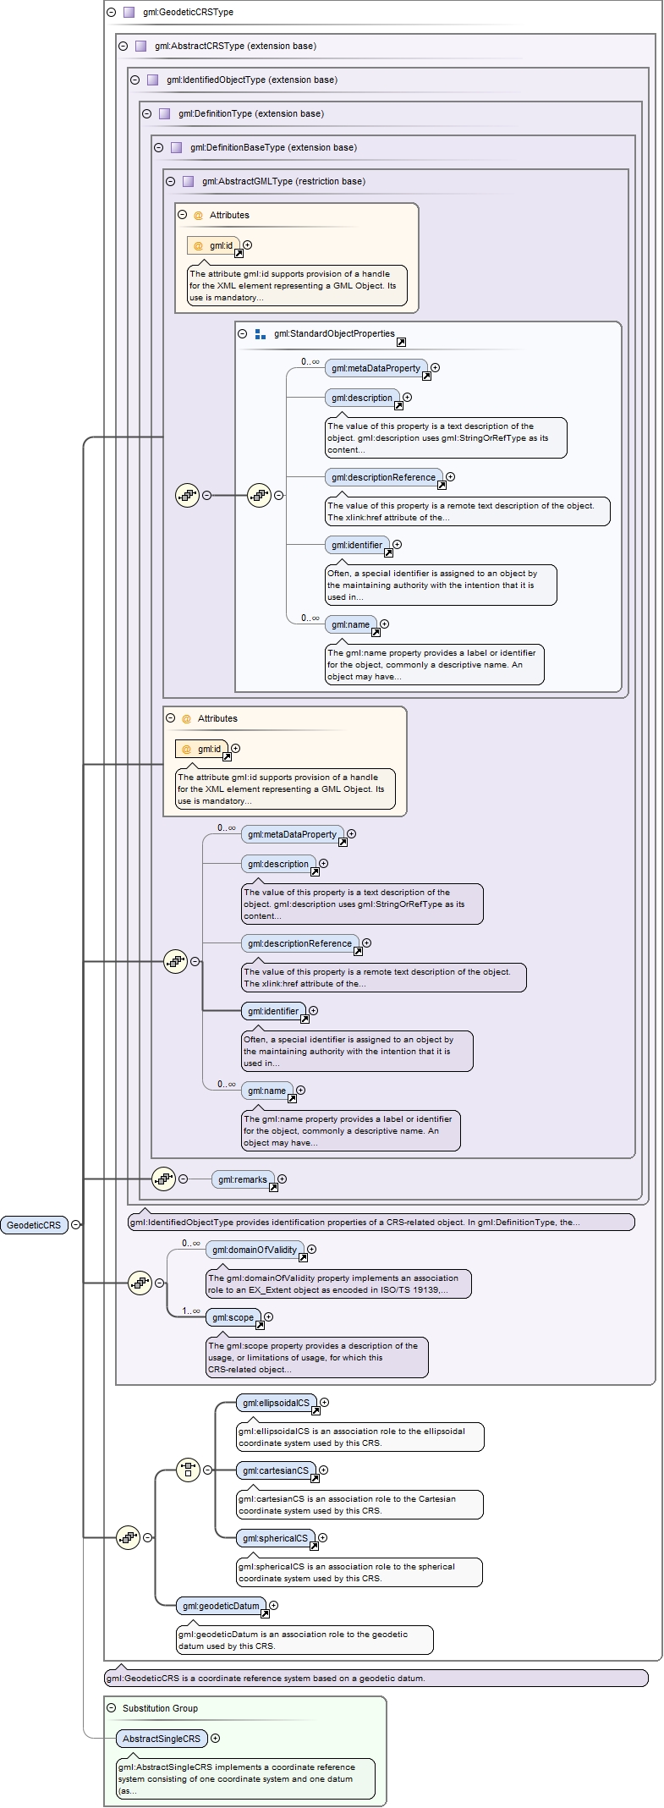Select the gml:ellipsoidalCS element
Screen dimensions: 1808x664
click(276, 1403)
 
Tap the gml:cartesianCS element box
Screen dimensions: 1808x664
click(276, 1470)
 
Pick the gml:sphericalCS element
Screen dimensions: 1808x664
click(275, 1538)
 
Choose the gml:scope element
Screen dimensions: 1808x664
click(233, 1317)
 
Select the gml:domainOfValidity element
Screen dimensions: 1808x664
click(255, 1250)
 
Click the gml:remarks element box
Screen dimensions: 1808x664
click(242, 1179)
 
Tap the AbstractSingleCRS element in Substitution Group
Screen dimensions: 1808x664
click(162, 1739)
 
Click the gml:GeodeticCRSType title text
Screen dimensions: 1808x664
click(188, 13)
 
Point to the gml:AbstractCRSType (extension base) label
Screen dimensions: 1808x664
click(235, 47)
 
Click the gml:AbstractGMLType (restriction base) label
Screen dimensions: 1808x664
click(283, 181)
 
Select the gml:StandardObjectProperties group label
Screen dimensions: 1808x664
click(334, 333)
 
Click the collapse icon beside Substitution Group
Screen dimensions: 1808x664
click(112, 1708)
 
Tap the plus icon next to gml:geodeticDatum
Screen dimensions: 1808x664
click(273, 1605)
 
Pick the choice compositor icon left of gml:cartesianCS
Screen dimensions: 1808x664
click(188, 1470)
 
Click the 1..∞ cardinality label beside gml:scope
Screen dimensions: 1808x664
click(191, 1311)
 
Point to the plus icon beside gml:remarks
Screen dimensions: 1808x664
click(283, 1179)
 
